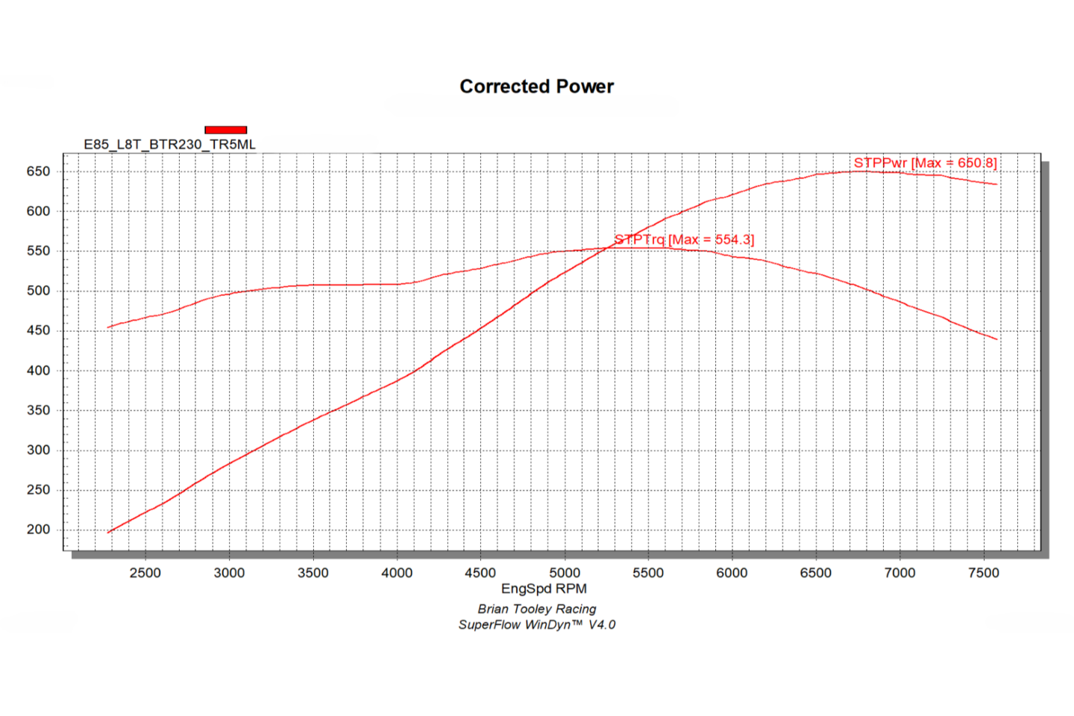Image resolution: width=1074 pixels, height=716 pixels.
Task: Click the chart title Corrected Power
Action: [x=536, y=87]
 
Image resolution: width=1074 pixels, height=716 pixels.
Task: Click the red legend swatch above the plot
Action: [x=225, y=130]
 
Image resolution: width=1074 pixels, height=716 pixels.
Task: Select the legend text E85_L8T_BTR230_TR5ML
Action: [x=169, y=145]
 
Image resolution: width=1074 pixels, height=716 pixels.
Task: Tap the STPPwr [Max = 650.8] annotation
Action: [x=925, y=163]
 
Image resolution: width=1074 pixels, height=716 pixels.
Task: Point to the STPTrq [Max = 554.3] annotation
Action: [x=684, y=239]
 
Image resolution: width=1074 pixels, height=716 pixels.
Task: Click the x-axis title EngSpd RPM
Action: [x=544, y=588]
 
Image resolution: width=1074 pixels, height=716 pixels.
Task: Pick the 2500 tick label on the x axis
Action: [x=145, y=573]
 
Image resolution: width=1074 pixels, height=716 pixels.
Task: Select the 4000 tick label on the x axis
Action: [x=397, y=573]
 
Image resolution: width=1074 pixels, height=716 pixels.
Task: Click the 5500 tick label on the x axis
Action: [x=648, y=573]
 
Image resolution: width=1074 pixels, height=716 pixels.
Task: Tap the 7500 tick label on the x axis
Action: [x=983, y=573]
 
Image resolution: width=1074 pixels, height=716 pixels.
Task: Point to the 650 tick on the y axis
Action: [x=38, y=172]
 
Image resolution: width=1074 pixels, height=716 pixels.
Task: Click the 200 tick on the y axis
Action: [x=38, y=530]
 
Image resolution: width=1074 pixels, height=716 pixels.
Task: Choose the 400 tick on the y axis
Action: [x=38, y=371]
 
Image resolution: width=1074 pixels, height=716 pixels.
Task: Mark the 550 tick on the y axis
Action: [x=38, y=251]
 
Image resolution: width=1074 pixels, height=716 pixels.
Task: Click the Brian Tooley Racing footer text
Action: [x=537, y=609]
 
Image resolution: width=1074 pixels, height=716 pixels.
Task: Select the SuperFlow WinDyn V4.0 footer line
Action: [x=537, y=625]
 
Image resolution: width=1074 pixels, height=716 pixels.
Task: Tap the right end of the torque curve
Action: [x=996, y=339]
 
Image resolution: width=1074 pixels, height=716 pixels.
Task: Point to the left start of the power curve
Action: [x=109, y=533]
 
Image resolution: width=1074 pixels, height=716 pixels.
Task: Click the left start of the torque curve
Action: [x=109, y=327]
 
